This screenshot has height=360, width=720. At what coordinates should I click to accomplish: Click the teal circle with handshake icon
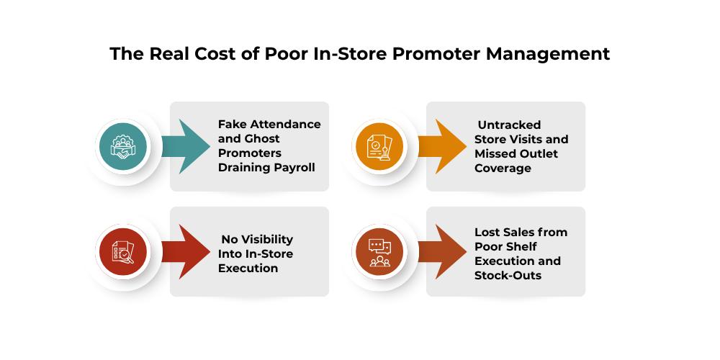(122, 147)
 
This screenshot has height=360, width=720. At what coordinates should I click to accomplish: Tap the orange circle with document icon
(379, 147)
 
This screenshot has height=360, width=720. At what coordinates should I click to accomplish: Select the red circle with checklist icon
(122, 252)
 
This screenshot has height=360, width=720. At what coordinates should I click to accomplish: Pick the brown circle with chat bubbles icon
(379, 252)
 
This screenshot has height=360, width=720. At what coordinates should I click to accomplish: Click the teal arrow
(184, 147)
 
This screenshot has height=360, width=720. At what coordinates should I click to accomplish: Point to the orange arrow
(441, 147)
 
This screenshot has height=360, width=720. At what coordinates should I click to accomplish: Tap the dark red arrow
(184, 252)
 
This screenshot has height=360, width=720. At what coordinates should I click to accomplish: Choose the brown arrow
(441, 252)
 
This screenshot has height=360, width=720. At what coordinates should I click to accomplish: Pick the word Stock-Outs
(508, 275)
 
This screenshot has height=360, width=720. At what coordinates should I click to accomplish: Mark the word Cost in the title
(197, 54)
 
